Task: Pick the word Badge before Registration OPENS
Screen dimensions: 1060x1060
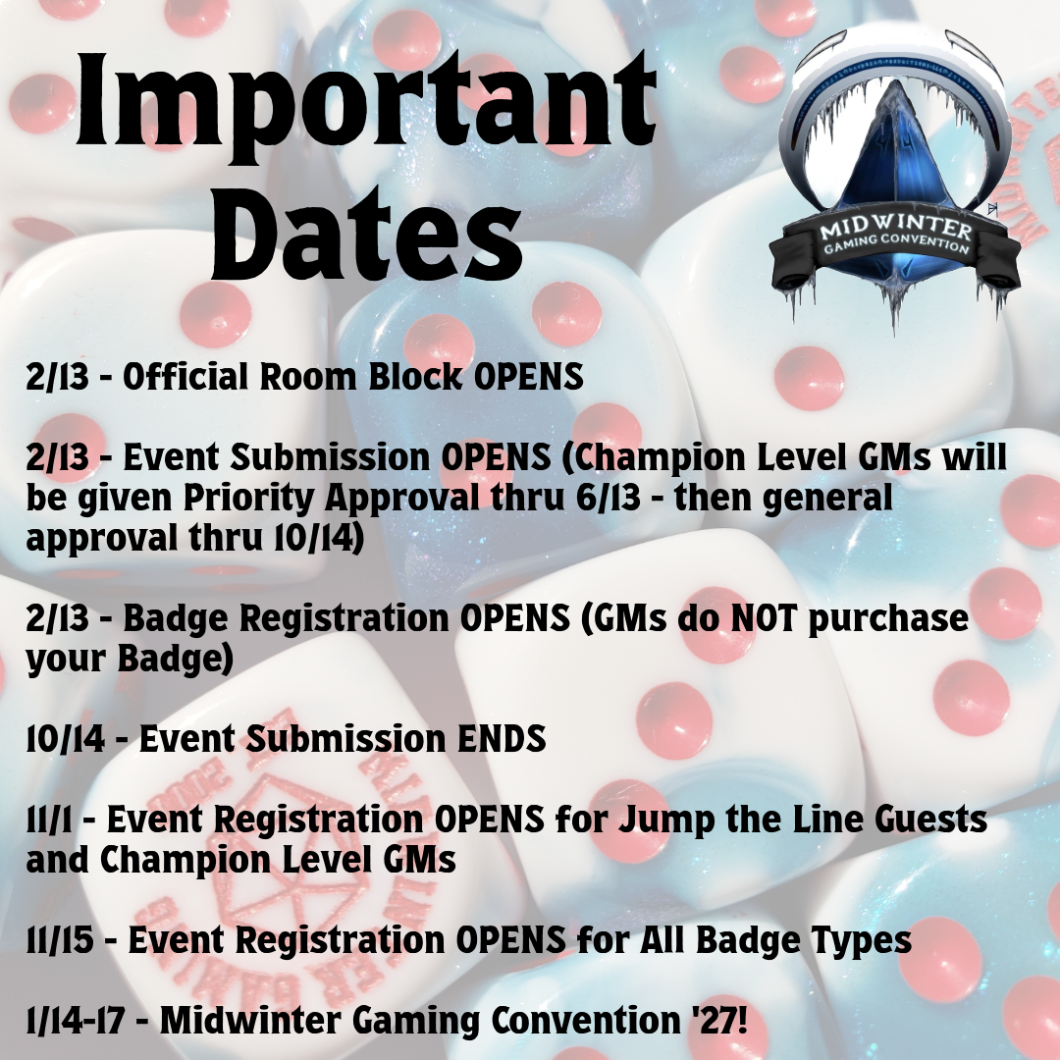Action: pos(182,620)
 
